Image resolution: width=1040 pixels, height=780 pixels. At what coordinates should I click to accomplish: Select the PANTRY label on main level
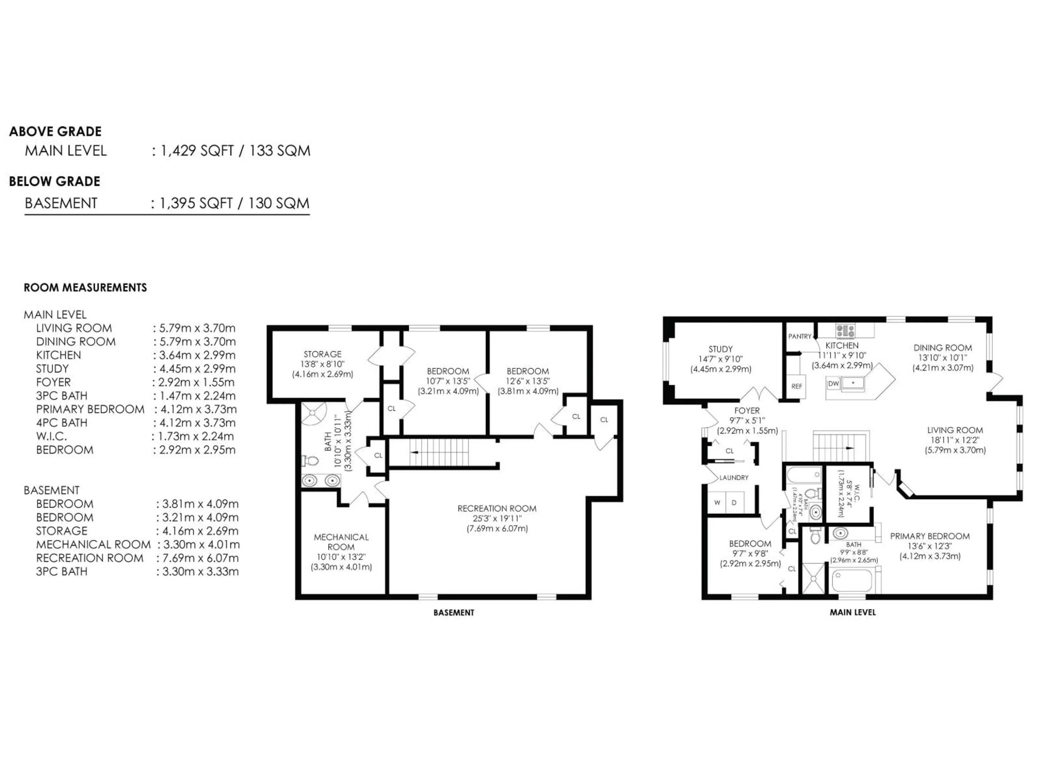pos(800,336)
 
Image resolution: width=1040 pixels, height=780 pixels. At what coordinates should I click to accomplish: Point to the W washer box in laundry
pos(717,502)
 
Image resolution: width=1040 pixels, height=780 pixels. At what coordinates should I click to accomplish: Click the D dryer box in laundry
pos(734,502)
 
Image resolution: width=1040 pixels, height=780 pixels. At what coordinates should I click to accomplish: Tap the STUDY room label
pos(720,349)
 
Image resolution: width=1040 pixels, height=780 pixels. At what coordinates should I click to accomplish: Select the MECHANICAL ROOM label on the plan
pos(341,542)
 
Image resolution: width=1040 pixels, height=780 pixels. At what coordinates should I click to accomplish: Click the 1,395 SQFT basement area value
pos(196,203)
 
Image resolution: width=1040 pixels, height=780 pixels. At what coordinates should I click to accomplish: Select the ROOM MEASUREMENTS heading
pos(85,287)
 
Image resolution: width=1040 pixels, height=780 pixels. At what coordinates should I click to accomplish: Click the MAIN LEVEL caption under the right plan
pos(852,612)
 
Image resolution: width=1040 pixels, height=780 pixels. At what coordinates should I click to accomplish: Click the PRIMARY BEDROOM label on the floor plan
pos(929,536)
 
